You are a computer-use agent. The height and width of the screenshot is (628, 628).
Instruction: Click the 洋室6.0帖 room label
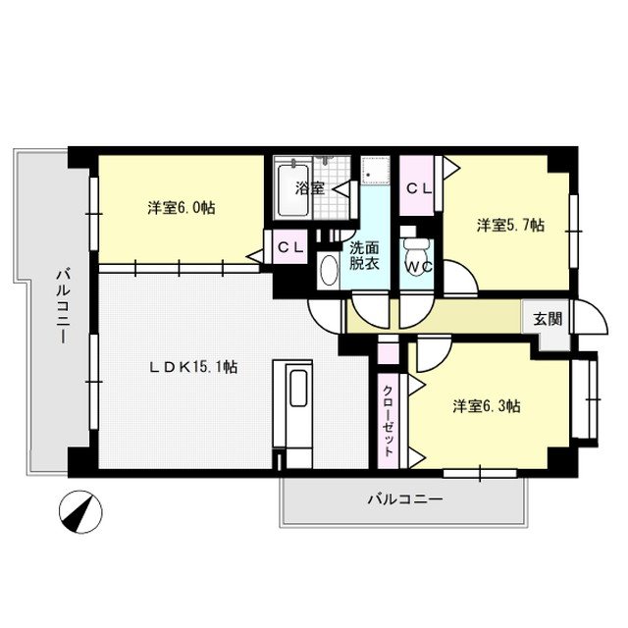(182, 208)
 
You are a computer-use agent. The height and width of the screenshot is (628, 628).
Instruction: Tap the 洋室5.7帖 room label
(510, 226)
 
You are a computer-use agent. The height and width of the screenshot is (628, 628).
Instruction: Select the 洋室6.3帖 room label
(487, 405)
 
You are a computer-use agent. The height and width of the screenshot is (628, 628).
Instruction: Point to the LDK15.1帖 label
(192, 367)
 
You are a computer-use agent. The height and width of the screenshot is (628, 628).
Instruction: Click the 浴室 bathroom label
(310, 187)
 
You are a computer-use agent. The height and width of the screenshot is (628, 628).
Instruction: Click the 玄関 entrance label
(549, 318)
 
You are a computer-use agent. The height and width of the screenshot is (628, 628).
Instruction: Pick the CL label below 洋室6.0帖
(288, 247)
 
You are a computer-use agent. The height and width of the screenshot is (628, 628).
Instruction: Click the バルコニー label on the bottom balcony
(405, 499)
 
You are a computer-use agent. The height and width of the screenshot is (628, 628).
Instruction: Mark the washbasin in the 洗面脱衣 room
(328, 271)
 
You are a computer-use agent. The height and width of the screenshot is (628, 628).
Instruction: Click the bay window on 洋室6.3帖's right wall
(588, 401)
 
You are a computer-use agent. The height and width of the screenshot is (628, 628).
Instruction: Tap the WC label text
(419, 266)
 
